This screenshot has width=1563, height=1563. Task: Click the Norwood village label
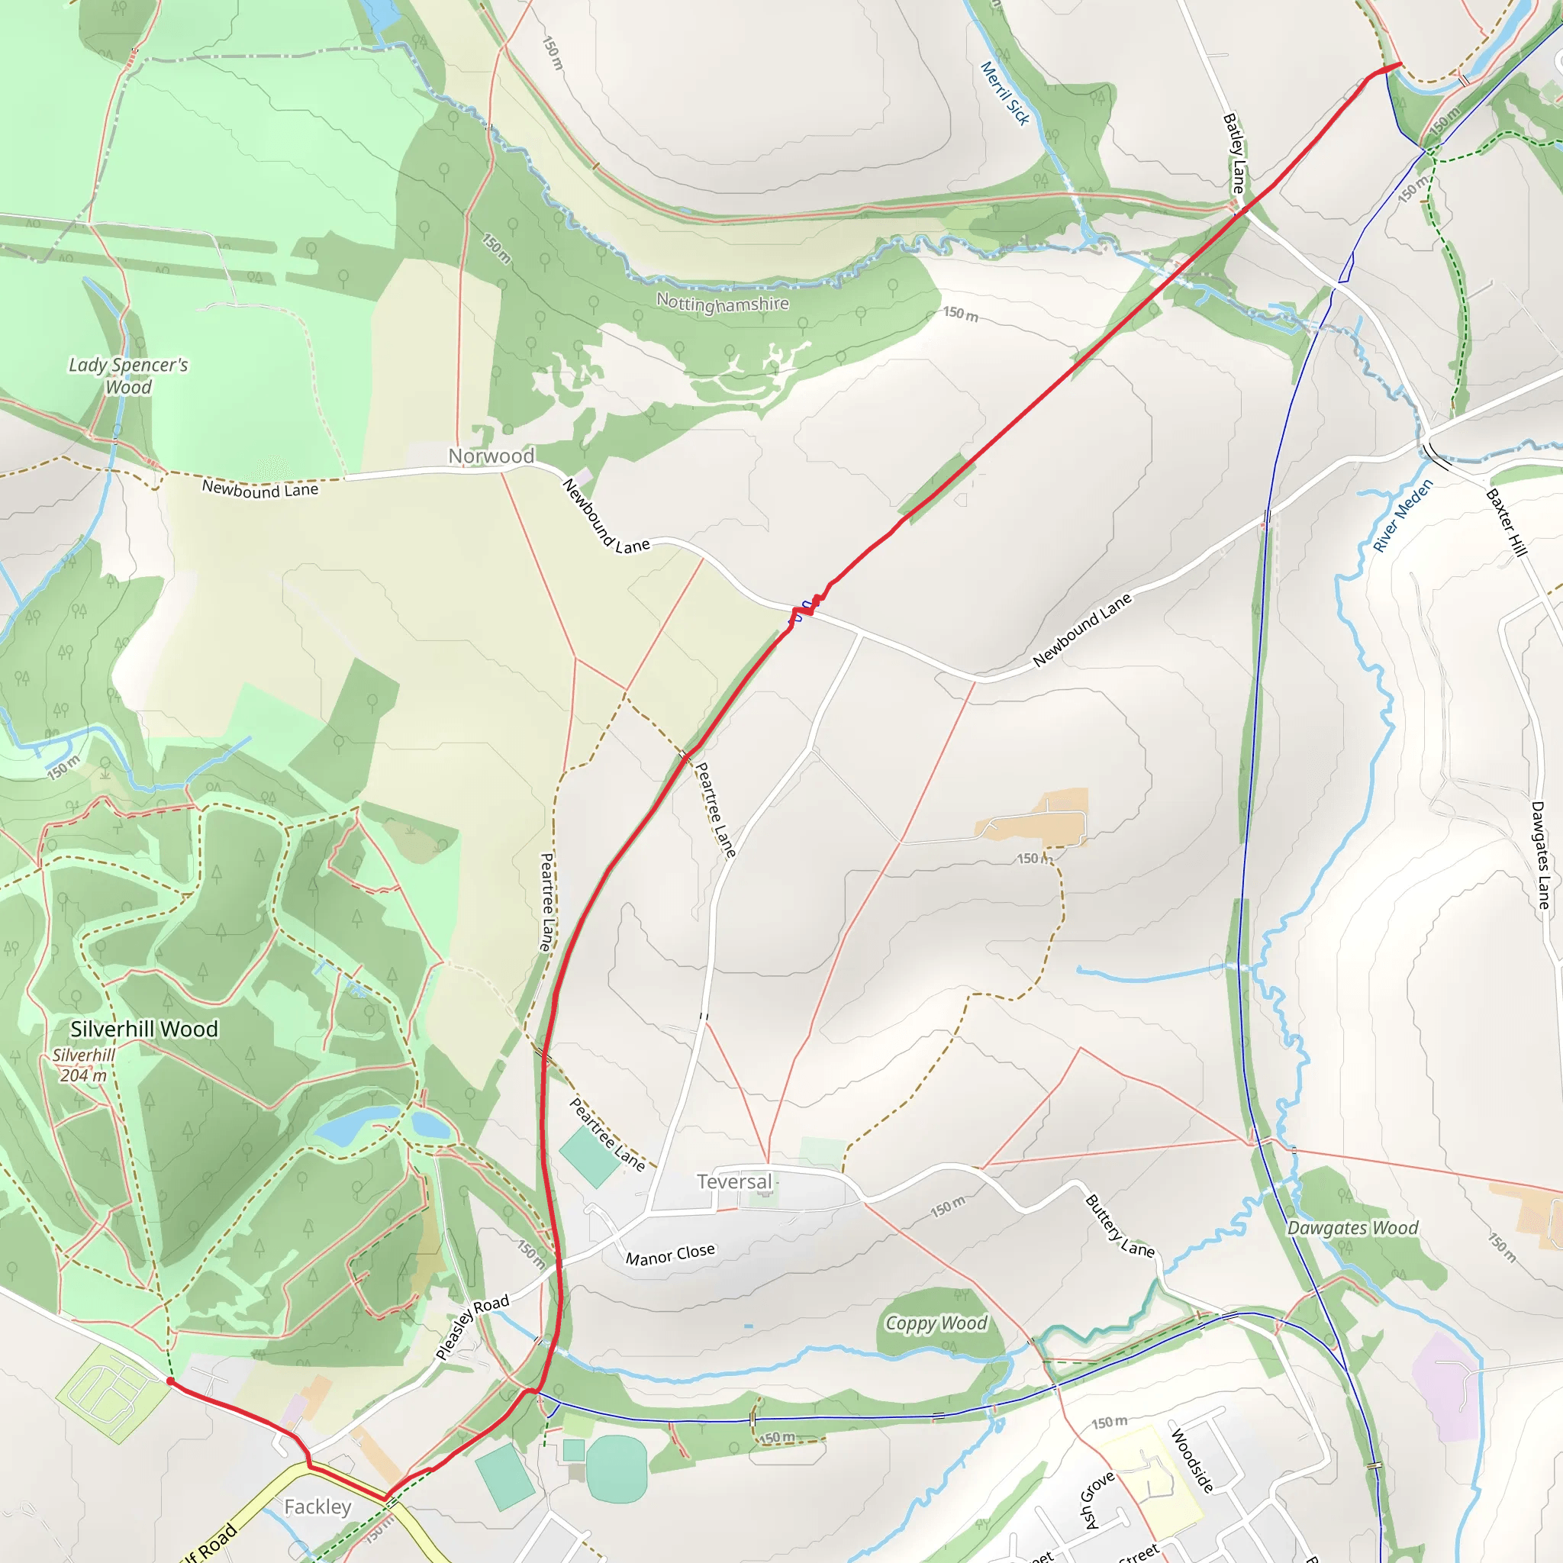pos(491,456)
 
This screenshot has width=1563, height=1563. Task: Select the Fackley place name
pos(318,1507)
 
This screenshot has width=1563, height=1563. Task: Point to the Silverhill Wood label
pos(144,1029)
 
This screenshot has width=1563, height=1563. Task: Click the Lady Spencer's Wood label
pos(127,376)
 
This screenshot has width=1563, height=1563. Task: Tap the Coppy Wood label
pos(936,1323)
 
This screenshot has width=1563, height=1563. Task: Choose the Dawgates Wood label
pos(1352,1228)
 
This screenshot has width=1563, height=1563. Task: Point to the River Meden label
pos(1403,515)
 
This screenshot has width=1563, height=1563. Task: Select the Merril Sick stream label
pos(1005,93)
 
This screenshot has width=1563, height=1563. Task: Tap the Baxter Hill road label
pos(1506,523)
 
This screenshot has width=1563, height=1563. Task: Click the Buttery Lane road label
pos(1119,1226)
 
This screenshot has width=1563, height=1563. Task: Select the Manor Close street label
pos(670,1255)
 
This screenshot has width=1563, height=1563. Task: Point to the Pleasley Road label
pos(472,1326)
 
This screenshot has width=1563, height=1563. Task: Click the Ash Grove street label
pos(1097,1500)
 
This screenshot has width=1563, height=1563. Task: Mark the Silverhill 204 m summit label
pos(82,1065)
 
